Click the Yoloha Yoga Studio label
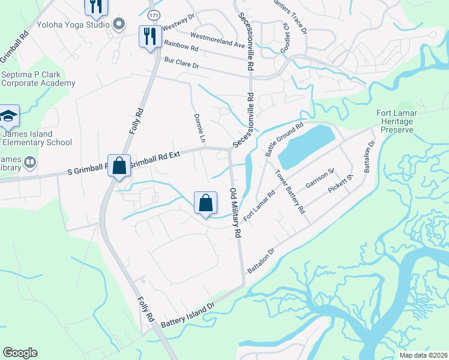pyautogui.click(x=73, y=25)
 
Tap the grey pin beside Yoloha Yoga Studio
pyautogui.click(x=119, y=25)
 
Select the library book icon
pyautogui.click(x=28, y=162)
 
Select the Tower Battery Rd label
pyautogui.click(x=290, y=192)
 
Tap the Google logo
pyautogui.click(x=20, y=353)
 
